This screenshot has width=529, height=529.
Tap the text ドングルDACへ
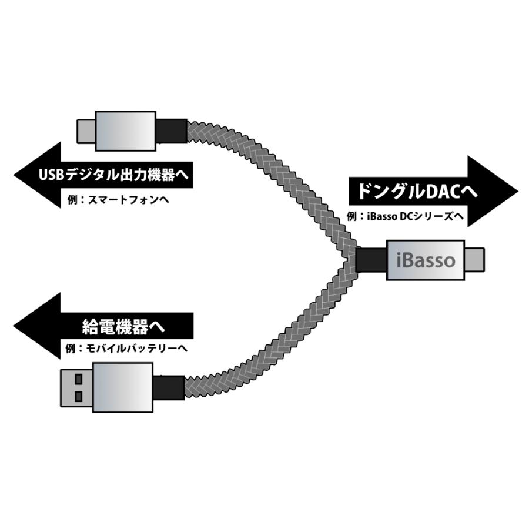411,191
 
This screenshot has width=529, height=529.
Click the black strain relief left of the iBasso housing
371,260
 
